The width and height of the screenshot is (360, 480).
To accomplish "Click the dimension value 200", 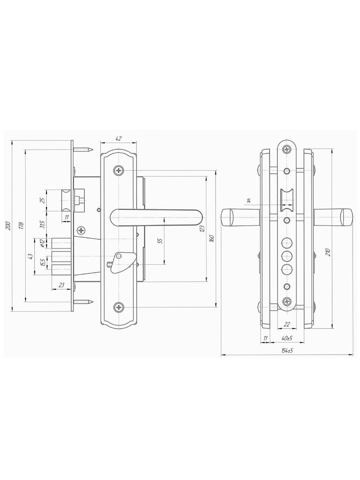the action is point(8,226).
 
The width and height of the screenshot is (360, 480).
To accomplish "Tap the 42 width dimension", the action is point(118,138).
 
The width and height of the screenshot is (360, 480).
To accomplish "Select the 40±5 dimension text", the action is point(287,338).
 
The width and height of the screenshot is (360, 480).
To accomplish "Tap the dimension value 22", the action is point(286,324).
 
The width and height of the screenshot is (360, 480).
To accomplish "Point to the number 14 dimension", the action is point(249,201).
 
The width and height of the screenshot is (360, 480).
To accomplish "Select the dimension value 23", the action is point(61,285).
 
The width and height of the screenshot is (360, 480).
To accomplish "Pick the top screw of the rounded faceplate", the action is point(287,149).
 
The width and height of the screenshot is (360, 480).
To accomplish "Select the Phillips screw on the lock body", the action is point(81,230).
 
